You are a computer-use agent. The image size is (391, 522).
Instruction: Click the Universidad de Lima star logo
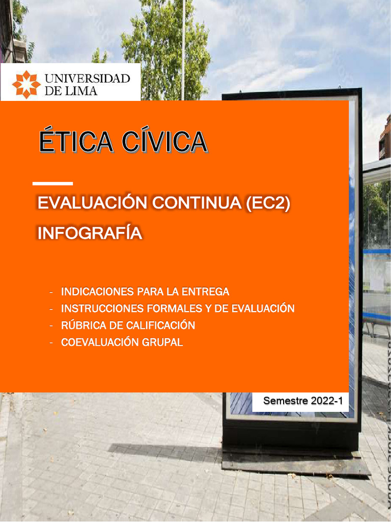(26, 84)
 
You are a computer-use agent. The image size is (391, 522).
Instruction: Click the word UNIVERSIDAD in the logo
(88, 79)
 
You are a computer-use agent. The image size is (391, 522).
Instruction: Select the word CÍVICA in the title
(163, 142)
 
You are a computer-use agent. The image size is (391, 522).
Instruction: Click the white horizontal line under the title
(52, 183)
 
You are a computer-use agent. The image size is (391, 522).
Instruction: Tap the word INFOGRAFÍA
(90, 233)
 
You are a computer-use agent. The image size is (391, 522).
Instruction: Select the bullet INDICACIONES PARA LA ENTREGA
(145, 292)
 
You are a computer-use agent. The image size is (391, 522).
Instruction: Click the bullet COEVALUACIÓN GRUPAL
(122, 342)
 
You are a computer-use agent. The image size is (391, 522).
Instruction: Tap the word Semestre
(286, 401)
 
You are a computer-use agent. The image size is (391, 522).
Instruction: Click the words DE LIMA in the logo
(71, 91)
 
